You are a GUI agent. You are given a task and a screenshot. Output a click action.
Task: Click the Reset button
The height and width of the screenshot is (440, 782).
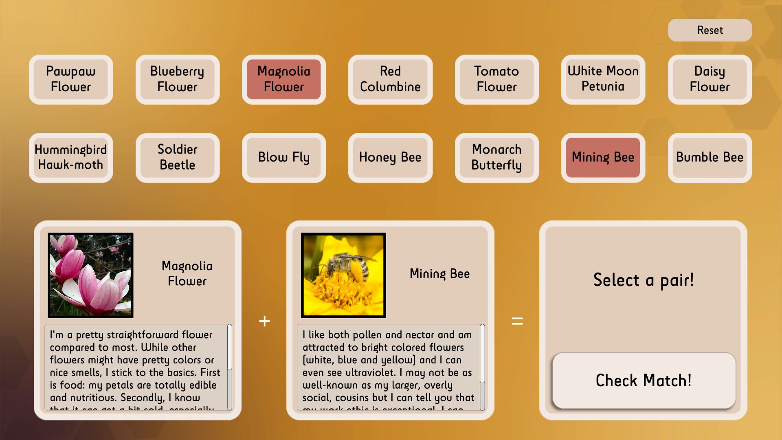(x=710, y=30)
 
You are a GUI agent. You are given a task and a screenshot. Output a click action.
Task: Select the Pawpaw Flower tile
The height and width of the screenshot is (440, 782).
(x=71, y=79)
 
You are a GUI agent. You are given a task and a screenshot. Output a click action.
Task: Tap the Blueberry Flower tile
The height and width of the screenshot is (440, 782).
(x=177, y=79)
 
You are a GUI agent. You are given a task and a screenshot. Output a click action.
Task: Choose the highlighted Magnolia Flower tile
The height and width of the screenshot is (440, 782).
(x=284, y=79)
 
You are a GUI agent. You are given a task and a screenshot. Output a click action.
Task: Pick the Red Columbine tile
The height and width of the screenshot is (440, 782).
(x=390, y=79)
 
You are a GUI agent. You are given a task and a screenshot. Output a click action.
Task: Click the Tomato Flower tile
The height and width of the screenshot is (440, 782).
(x=496, y=79)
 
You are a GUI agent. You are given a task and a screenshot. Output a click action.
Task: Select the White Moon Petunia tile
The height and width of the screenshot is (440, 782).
(x=603, y=79)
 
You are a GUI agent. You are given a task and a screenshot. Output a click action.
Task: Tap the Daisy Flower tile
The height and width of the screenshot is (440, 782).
(x=710, y=79)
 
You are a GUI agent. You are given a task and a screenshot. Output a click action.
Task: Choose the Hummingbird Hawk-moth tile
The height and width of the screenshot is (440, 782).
(x=71, y=158)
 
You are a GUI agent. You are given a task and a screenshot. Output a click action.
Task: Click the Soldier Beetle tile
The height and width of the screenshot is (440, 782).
(x=177, y=158)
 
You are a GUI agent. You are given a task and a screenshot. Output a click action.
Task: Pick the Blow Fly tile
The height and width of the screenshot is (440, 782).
(x=284, y=158)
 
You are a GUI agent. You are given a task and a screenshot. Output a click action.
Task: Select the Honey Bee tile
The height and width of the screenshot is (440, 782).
(x=390, y=158)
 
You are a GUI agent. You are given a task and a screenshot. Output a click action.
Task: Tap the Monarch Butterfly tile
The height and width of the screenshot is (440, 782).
(x=496, y=158)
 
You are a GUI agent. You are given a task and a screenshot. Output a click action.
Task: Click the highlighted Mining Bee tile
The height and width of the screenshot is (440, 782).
(x=603, y=158)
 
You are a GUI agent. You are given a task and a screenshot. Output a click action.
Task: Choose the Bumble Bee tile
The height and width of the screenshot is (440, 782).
(x=710, y=158)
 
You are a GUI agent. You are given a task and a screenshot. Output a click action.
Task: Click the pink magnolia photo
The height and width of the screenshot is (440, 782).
(x=90, y=275)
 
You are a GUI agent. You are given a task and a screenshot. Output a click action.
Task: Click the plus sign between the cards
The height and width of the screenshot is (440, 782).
(x=264, y=321)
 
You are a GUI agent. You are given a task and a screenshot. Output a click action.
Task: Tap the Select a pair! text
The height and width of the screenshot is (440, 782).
(x=643, y=280)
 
